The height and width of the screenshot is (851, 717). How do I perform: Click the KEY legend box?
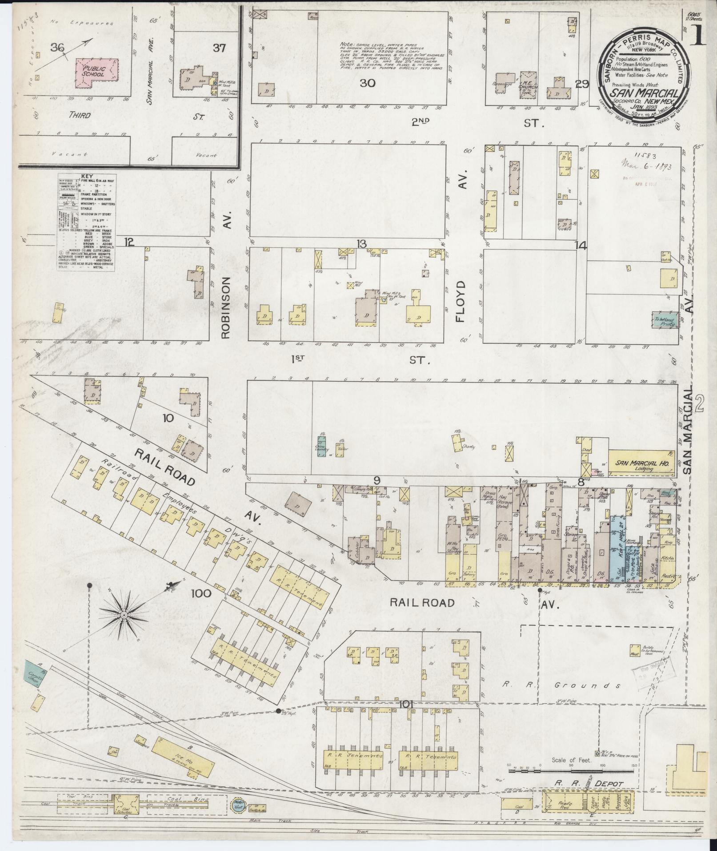tap(87, 222)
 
